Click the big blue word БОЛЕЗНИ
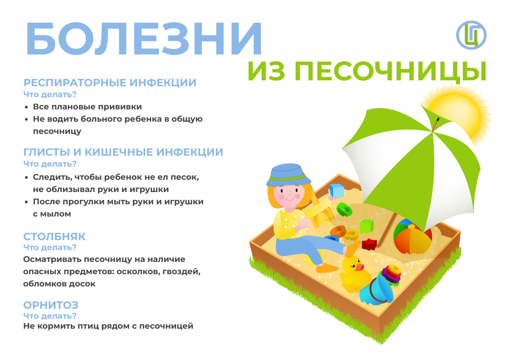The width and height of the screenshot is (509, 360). coord(143,39)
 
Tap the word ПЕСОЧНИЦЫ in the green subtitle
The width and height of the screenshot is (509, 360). coord(391,71)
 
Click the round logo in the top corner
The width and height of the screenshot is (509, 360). coord(471,35)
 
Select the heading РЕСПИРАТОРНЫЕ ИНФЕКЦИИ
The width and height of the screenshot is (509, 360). coord(110,83)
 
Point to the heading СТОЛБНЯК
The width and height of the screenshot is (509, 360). coord(54,237)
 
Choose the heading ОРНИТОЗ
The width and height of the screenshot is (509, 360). coord(51,305)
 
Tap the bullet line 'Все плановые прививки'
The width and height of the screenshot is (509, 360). coord(87,107)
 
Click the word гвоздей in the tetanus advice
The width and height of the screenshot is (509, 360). coord(182,271)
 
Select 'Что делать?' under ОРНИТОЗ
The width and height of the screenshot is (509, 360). coord(50,316)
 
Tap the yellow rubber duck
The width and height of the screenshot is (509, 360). coord(355,274)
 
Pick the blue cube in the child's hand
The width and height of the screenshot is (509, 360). coord(337,191)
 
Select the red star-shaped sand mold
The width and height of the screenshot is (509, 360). coord(369,244)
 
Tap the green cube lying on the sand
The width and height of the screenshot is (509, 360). coord(367,226)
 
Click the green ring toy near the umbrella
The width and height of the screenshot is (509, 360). coord(344,210)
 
